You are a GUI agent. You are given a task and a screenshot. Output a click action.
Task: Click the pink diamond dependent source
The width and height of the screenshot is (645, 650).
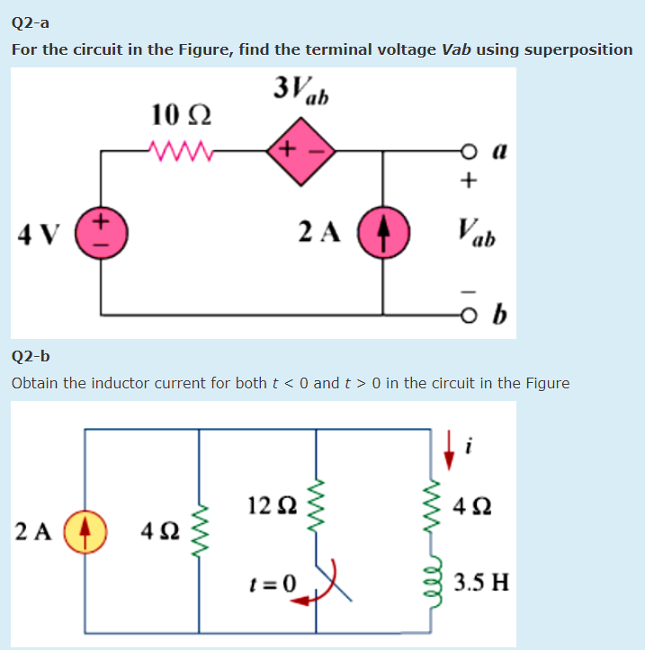300,151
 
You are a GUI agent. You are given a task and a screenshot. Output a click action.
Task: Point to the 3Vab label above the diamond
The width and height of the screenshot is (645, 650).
300,90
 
